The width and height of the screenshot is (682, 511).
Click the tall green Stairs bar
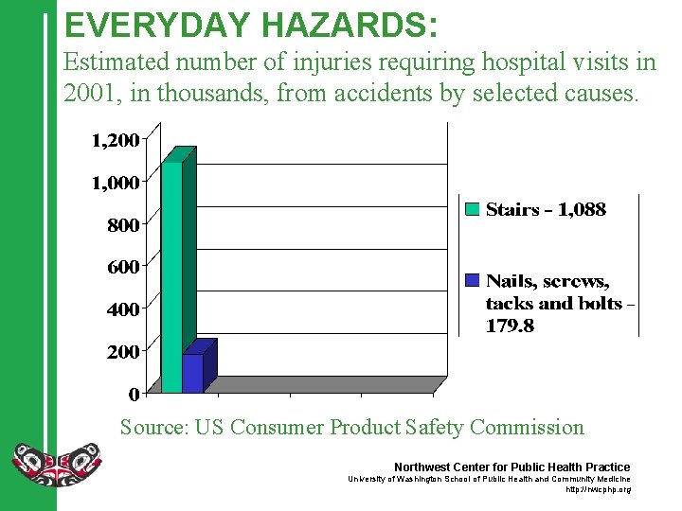(x=171, y=274)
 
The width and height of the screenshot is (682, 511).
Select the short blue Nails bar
(x=193, y=373)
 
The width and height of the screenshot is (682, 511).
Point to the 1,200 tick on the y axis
(x=115, y=140)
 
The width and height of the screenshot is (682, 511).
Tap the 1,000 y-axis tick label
(x=115, y=183)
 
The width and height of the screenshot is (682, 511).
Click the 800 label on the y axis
(x=122, y=225)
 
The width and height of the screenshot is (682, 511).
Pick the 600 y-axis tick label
(x=122, y=267)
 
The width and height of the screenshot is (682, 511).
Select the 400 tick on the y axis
(x=122, y=308)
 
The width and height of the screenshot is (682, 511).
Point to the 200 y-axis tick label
(x=122, y=351)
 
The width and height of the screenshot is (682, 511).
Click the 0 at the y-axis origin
(x=134, y=393)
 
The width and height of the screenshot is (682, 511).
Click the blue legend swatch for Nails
(x=472, y=281)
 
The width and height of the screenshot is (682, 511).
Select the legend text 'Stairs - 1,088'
(x=546, y=210)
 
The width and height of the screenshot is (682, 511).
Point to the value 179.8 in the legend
(x=511, y=326)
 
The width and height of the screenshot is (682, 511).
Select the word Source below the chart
(x=154, y=427)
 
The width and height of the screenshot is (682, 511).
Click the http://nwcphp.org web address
(x=598, y=489)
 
